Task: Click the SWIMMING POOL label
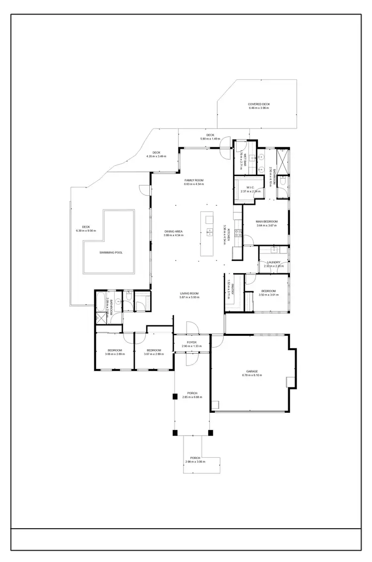tap(111, 252)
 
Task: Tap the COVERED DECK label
tap(259, 104)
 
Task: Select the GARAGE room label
tap(252, 371)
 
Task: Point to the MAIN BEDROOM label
tap(266, 221)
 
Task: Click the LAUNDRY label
tap(274, 262)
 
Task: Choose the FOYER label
tap(191, 342)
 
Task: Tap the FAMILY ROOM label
tap(194, 180)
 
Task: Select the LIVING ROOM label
tap(189, 294)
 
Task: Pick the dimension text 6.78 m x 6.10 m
tap(252, 375)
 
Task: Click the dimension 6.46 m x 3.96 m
tap(259, 108)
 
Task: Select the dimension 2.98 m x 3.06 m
tap(195, 462)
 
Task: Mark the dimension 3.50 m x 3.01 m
tap(268, 295)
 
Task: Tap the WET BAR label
tap(245, 157)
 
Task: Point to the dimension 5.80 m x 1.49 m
tap(210, 139)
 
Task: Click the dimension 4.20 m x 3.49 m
tap(156, 157)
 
